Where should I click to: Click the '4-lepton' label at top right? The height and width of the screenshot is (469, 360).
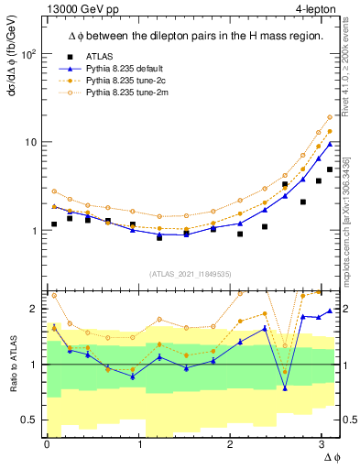314,9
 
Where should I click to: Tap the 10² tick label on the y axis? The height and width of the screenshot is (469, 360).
29,54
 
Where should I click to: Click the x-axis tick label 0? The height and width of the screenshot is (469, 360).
47,444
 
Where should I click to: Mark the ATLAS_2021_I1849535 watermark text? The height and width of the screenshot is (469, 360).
191,273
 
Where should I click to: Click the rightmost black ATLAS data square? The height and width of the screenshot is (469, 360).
330,169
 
